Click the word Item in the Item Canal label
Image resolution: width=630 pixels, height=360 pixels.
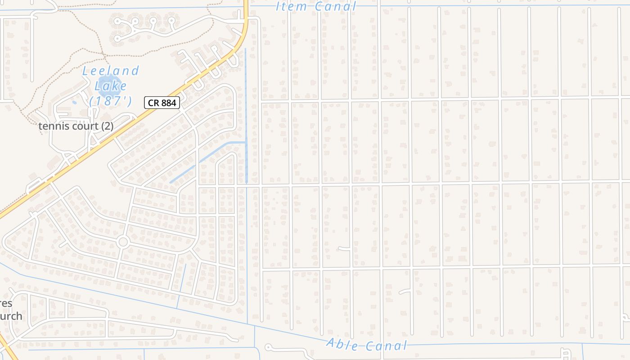[291, 6]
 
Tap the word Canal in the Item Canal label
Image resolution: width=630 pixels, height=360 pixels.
[335, 6]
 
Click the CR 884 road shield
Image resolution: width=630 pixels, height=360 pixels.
[162, 103]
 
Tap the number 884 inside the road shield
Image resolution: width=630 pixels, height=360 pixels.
[168, 103]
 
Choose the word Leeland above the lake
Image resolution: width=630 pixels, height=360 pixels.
[111, 71]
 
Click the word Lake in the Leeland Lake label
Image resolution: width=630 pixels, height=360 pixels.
[111, 85]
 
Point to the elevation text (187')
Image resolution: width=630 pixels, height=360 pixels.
[111, 101]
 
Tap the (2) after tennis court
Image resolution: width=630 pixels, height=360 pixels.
[107, 126]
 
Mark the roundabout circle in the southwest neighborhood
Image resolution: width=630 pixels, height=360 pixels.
[123, 242]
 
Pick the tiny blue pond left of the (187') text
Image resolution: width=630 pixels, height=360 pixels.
[74, 102]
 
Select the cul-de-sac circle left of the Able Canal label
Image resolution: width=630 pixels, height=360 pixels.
[268, 347]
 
